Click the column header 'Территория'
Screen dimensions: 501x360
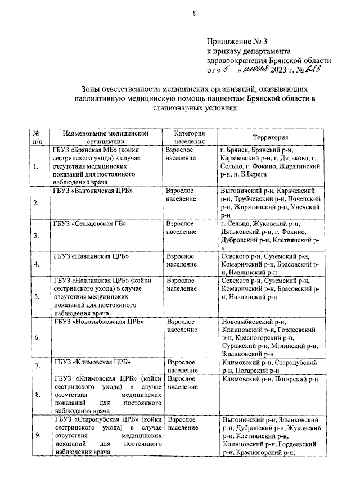tap(271, 137)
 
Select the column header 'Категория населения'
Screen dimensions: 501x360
tap(188, 137)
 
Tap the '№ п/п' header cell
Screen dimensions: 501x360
tap(37, 137)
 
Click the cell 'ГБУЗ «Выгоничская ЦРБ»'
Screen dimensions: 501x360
tap(93, 191)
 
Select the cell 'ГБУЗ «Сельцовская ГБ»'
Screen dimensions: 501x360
tap(89, 224)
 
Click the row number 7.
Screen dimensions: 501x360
tap(37, 366)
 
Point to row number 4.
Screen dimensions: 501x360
tap(37, 264)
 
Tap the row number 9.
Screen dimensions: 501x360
tap(37, 435)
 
